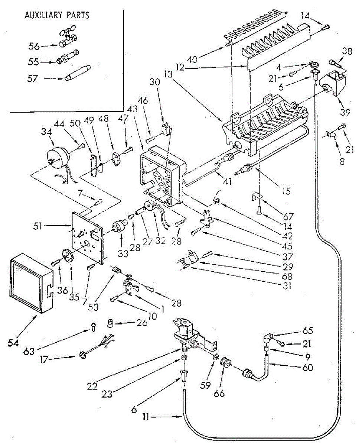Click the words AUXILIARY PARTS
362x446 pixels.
click(57, 15)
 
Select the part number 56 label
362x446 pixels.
click(34, 46)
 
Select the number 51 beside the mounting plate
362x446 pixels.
click(37, 226)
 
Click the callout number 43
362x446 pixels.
click(132, 109)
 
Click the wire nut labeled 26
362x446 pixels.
click(110, 323)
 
